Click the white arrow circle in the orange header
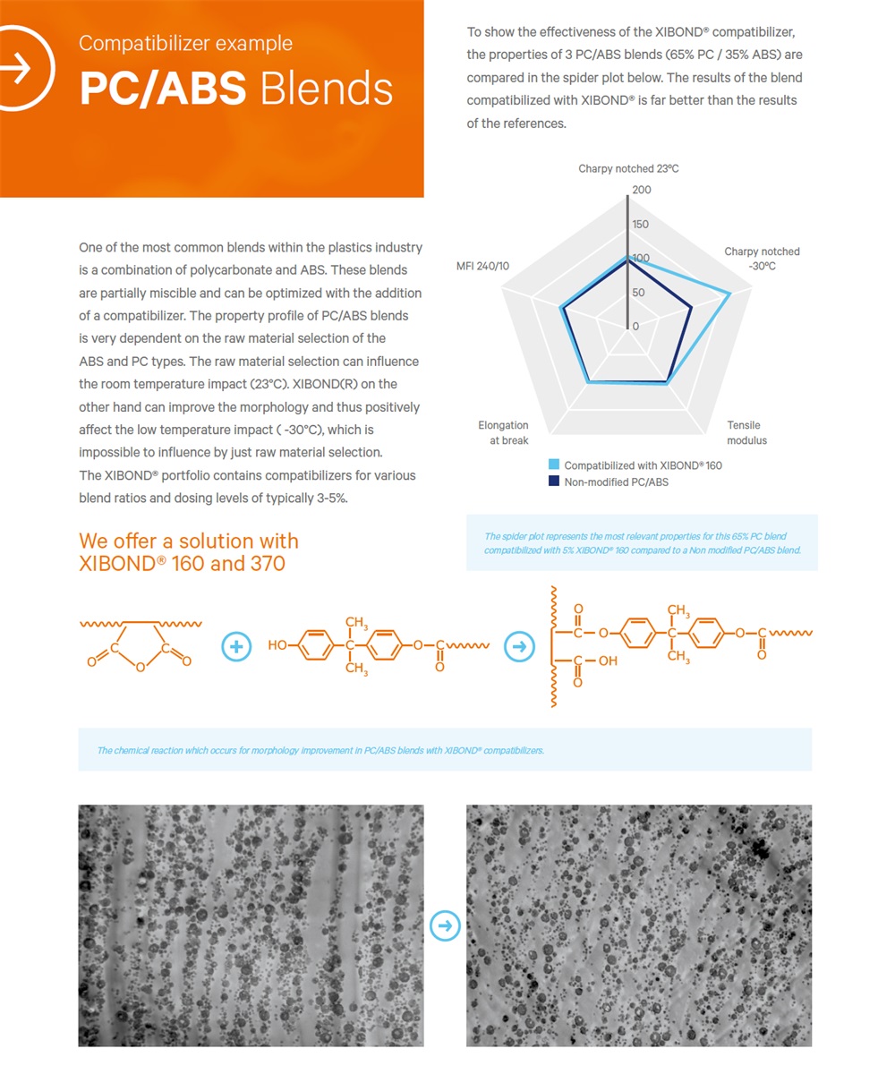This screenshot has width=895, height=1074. (20, 68)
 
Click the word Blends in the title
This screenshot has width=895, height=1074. (327, 89)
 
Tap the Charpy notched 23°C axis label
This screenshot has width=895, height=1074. (627, 168)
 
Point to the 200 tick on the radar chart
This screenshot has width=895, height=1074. (642, 190)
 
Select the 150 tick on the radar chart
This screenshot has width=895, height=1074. (641, 225)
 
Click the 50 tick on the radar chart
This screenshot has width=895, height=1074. (638, 293)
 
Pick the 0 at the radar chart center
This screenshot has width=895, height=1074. (635, 327)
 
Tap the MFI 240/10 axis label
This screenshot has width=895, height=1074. (482, 266)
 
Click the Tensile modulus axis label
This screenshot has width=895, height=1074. (746, 432)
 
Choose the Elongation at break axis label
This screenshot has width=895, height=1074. (503, 432)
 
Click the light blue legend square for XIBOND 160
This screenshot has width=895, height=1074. (554, 465)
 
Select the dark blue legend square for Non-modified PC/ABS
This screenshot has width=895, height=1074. (554, 482)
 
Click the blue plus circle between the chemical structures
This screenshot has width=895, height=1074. (235, 646)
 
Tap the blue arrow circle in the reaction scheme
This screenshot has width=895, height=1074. (518, 646)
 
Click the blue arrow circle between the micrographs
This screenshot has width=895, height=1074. (445, 925)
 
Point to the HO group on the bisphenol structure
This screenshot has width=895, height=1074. (277, 645)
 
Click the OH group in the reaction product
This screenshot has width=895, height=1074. (608, 661)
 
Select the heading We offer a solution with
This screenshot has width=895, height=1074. (188, 541)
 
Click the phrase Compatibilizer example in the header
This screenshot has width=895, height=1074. (185, 43)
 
